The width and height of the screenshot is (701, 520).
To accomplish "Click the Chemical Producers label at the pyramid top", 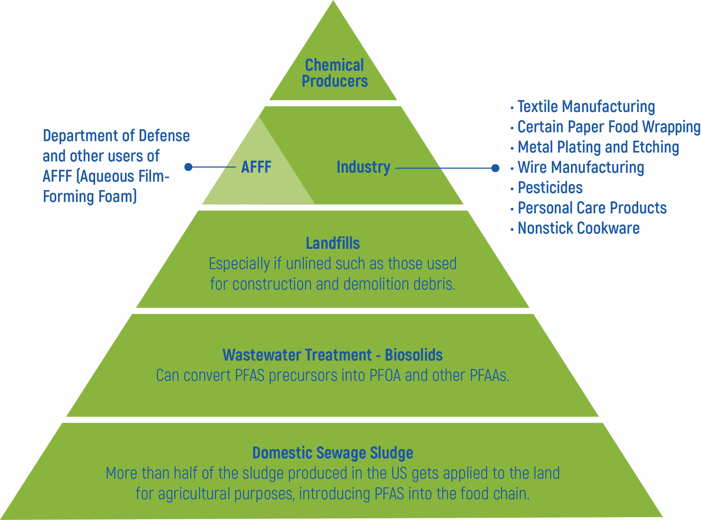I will (334, 73).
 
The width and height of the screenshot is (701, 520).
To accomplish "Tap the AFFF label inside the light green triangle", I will (256, 167).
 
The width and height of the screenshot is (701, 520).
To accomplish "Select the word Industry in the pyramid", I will (363, 167).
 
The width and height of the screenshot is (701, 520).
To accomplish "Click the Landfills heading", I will (333, 243).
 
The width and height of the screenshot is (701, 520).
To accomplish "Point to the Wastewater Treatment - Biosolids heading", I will (332, 355).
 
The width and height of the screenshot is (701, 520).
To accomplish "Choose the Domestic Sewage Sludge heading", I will (333, 453).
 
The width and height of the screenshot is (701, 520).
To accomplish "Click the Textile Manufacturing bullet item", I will (586, 107).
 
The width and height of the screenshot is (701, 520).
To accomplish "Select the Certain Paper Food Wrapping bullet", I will (609, 127).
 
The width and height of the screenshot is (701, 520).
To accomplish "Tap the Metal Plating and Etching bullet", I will (598, 147).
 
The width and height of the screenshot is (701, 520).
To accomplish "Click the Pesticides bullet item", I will (550, 188).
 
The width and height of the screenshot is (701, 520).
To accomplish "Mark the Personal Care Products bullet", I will (592, 208).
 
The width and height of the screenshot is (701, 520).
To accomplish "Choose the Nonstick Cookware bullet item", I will (579, 228).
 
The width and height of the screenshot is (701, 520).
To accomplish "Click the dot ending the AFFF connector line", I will (188, 167).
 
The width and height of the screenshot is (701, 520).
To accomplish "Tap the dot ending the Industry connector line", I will (495, 168).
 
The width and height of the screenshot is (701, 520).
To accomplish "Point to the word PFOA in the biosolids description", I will (385, 375).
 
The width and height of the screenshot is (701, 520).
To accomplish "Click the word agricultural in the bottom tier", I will (194, 493).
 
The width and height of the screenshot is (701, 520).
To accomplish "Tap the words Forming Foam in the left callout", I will (90, 196).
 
